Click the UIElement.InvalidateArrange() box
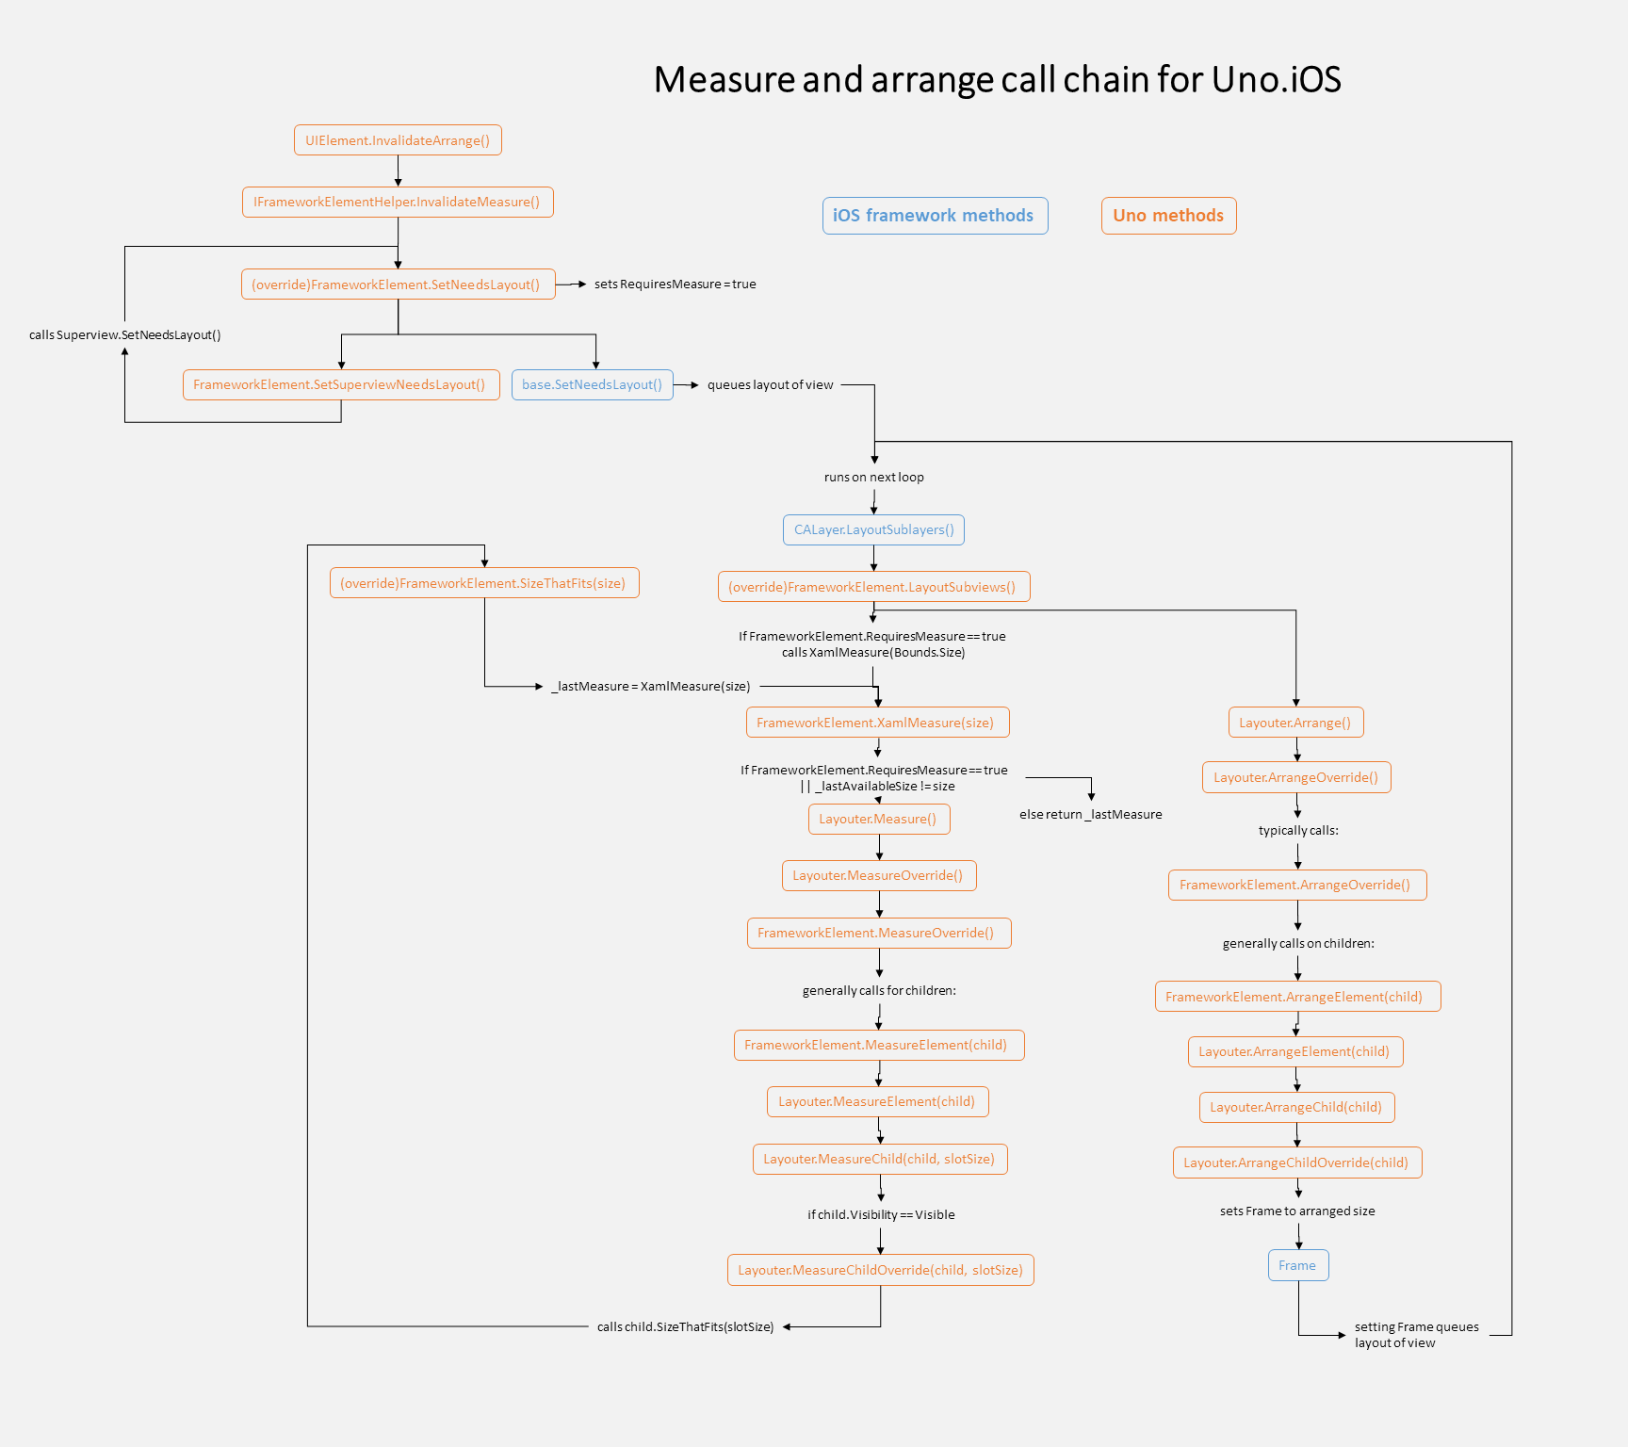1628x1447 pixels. click(398, 140)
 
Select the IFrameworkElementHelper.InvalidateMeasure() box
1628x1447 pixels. click(398, 203)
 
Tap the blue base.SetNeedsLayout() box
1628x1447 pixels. click(592, 384)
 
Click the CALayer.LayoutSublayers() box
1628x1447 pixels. click(873, 529)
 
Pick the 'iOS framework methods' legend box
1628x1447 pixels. click(934, 216)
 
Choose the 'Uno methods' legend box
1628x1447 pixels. click(1168, 216)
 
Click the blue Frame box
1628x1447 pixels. click(1297, 1265)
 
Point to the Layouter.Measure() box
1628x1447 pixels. click(878, 819)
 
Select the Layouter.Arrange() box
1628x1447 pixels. click(1295, 723)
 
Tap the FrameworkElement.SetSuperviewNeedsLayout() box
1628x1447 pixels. click(340, 384)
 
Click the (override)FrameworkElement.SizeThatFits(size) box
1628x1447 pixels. click(483, 583)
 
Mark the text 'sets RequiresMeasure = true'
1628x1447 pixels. click(675, 285)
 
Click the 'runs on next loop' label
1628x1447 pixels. click(873, 478)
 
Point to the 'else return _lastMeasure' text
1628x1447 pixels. click(1090, 815)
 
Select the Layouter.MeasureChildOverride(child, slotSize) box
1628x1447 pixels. click(880, 1270)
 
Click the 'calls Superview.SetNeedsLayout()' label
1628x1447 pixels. click(124, 335)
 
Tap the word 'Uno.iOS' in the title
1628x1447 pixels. click(1276, 80)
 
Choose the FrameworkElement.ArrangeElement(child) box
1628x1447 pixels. click(1296, 997)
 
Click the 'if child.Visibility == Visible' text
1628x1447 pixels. click(881, 1215)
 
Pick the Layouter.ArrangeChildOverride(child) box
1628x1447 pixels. click(1296, 1162)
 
